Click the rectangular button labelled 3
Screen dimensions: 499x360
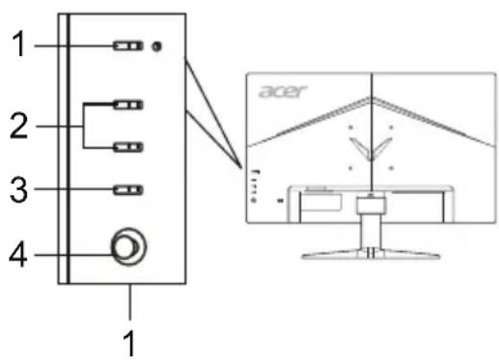[125, 189]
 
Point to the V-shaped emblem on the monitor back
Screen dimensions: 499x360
[371, 146]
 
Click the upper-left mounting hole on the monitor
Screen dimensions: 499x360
[349, 125]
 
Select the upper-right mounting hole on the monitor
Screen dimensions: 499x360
[391, 125]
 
